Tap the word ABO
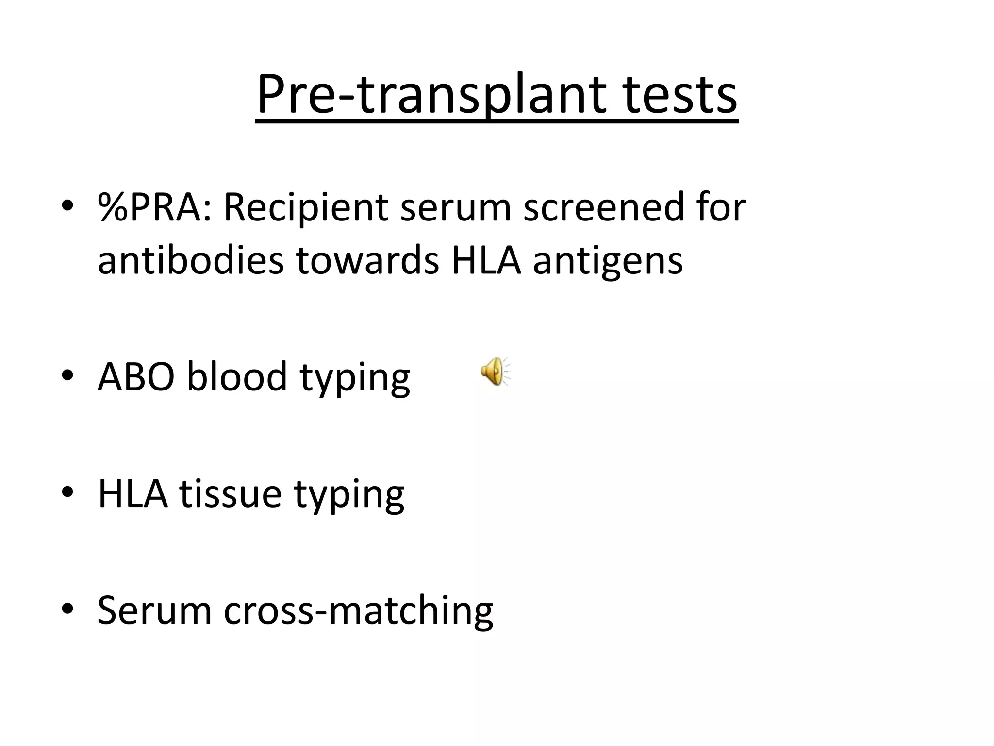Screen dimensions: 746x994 click(x=136, y=377)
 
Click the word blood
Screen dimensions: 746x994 click(x=237, y=377)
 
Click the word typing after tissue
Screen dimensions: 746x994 click(x=349, y=496)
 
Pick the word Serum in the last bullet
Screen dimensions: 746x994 click(x=154, y=610)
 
